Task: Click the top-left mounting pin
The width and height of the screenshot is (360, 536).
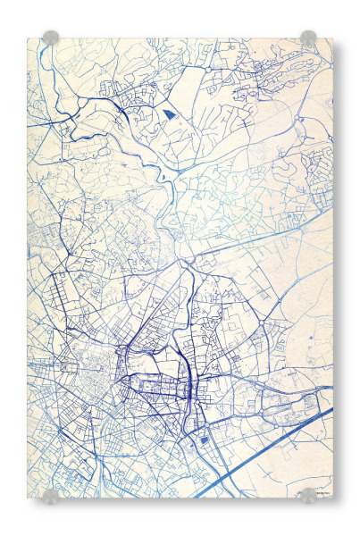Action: point(51,38)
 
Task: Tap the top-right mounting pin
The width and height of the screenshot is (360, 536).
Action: point(308,38)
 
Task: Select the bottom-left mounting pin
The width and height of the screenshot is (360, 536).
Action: point(51,495)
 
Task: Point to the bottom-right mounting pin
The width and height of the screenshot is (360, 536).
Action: point(308,495)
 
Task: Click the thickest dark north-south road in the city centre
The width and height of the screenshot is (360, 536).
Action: point(190,375)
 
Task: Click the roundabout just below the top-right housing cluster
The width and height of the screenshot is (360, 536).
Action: point(300,117)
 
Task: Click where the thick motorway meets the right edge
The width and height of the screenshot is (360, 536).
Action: point(331,410)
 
